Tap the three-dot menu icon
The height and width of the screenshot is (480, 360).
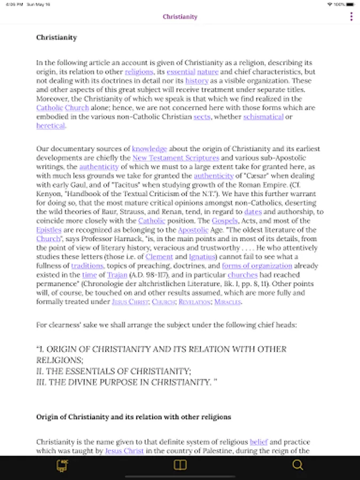[351, 17]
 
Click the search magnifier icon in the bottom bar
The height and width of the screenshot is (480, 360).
[298, 465]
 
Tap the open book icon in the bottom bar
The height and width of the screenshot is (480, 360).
[180, 465]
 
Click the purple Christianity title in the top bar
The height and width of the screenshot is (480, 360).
[180, 17]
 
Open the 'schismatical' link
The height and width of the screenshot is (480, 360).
[263, 117]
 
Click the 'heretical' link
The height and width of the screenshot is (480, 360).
[51, 126]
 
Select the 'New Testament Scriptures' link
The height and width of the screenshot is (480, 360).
[175, 158]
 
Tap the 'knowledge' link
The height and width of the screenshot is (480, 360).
[149, 149]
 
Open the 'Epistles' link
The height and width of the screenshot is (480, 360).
[49, 230]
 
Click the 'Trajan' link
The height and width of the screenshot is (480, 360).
[117, 275]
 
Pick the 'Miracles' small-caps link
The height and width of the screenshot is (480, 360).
[228, 302]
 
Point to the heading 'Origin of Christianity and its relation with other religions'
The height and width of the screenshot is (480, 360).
[133, 417]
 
